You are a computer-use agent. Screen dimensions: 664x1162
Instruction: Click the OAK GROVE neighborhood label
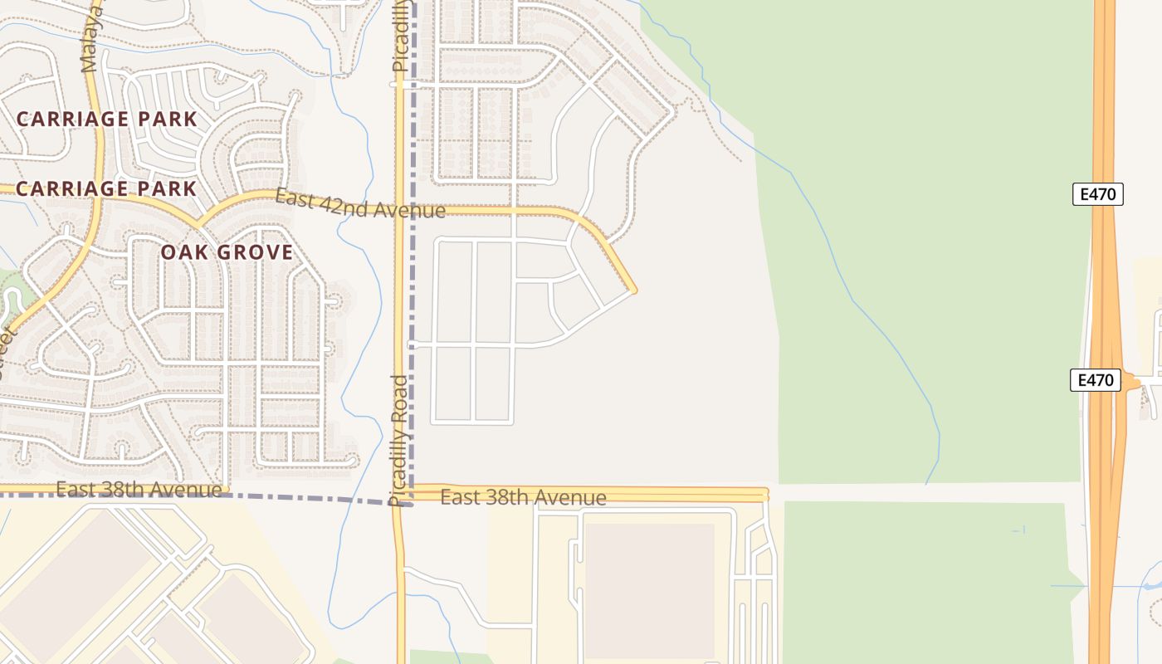[x=227, y=252]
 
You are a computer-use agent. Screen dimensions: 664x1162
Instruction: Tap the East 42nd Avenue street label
[x=360, y=204]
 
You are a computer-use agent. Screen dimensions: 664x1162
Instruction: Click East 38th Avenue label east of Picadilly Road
[x=523, y=497]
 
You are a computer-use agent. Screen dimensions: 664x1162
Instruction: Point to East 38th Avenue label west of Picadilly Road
[x=139, y=490]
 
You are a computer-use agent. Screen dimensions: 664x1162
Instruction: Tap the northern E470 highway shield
[x=1097, y=194]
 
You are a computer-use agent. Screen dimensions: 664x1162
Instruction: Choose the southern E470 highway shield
[x=1095, y=380]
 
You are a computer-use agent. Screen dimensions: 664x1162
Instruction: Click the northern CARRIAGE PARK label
[x=107, y=119]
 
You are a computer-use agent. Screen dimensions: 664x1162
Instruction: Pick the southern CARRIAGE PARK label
[x=106, y=188]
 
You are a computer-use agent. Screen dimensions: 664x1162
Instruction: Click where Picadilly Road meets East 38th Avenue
[x=401, y=495]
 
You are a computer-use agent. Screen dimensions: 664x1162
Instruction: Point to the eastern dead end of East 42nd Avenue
[x=634, y=290]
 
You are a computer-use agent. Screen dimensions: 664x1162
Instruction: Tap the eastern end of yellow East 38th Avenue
[x=765, y=495]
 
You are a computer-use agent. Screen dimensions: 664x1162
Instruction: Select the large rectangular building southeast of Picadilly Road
[x=649, y=589]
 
